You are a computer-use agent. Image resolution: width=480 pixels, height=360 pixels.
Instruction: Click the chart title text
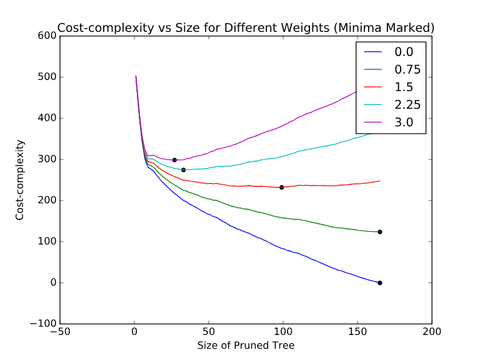246,27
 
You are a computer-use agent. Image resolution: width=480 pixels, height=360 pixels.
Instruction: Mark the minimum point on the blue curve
379,282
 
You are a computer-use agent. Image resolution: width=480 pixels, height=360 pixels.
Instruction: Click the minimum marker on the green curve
379,232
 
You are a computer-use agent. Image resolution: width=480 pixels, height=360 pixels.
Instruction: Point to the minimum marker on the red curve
282,187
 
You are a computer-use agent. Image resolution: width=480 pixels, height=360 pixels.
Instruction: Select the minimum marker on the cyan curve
183,169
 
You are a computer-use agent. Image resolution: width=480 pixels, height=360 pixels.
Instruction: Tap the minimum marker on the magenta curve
174,160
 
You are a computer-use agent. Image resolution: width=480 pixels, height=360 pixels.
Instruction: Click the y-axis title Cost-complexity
20,179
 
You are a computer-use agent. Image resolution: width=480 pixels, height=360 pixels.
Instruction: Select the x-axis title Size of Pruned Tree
246,345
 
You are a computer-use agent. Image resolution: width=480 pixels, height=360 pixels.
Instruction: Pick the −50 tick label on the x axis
60,332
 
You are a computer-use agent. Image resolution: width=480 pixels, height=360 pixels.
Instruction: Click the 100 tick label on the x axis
283,332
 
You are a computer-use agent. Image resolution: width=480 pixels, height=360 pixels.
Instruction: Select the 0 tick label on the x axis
134,332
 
